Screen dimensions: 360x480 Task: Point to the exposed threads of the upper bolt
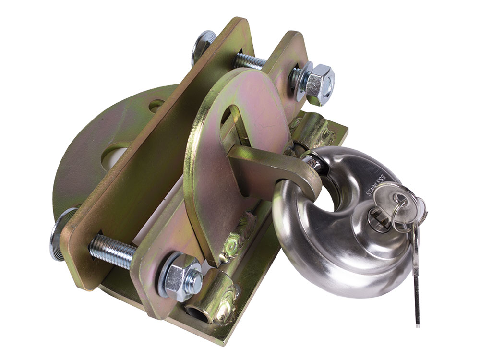tap(250, 61)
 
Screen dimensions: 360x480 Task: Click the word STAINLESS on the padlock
tap(376, 186)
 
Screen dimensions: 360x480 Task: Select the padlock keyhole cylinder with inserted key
tap(379, 221)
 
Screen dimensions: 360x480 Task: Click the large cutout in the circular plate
tap(115, 156)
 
